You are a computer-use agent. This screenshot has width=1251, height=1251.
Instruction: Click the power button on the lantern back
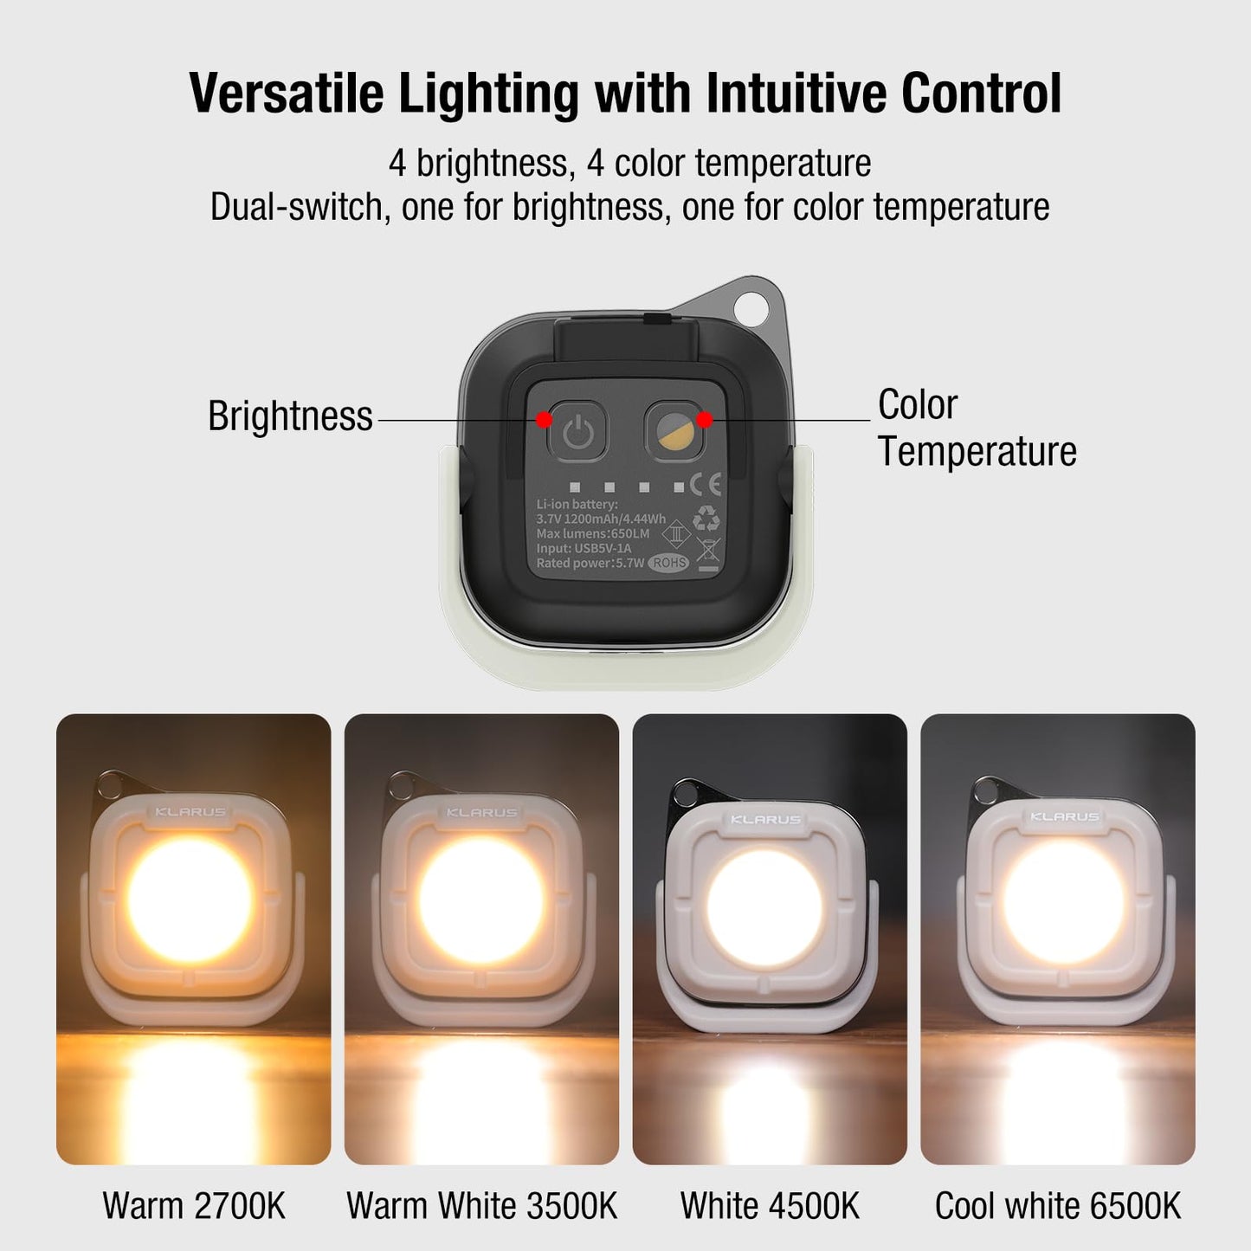click(x=577, y=430)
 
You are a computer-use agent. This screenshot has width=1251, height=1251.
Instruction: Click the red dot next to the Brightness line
click(x=544, y=420)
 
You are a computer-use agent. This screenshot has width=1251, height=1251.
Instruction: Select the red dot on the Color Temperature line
click(x=705, y=420)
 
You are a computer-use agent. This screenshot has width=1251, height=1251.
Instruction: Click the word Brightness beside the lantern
click(x=290, y=416)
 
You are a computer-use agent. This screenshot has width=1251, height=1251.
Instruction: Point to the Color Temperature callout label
click(x=977, y=428)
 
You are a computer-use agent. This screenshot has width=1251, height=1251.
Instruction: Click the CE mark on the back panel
click(x=705, y=484)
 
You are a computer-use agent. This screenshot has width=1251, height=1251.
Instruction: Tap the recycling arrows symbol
click(x=706, y=519)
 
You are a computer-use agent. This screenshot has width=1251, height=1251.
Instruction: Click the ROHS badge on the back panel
click(x=669, y=562)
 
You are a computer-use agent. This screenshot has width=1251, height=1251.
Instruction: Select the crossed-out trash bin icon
click(x=707, y=551)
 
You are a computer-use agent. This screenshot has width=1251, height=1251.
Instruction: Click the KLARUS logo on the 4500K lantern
click(x=765, y=819)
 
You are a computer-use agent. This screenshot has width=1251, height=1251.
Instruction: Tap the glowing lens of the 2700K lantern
click(x=190, y=899)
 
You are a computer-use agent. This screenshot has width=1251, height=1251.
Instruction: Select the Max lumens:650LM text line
click(x=593, y=533)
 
